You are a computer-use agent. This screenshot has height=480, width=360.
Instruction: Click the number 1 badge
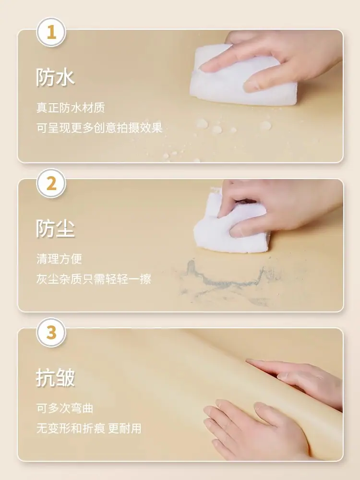[51, 32]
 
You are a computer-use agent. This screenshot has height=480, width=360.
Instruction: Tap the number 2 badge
[51, 183]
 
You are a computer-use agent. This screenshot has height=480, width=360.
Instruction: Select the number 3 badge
[51, 333]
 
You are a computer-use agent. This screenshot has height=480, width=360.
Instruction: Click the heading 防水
[55, 77]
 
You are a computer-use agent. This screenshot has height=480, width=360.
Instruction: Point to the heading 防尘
[55, 228]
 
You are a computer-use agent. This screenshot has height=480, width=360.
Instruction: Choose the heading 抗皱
[55, 378]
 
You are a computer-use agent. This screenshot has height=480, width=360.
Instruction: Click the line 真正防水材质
[71, 108]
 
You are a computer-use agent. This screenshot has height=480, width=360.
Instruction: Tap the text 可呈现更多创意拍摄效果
[99, 128]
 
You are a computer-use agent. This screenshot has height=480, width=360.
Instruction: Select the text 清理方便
[59, 259]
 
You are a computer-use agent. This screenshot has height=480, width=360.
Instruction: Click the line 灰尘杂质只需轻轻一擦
[94, 279]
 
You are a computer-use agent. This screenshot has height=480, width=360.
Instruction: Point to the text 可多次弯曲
[65, 408]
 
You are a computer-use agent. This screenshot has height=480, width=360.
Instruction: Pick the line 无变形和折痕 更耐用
[89, 428]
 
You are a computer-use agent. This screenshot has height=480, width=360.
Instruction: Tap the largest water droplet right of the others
[265, 125]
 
